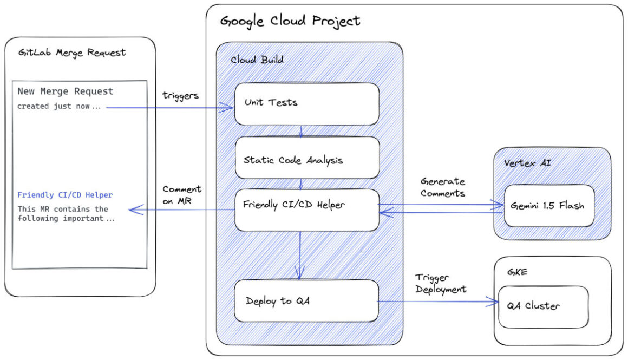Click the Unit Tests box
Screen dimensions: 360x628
[306, 103]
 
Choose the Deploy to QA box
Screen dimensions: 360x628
[306, 301]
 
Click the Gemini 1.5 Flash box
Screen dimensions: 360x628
[548, 206]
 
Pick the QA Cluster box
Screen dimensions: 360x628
[543, 306]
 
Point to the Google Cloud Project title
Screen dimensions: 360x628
[290, 21]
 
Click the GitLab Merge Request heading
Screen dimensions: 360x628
[71, 53]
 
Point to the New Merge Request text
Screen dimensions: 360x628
[66, 91]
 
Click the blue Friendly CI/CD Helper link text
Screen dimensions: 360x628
[65, 195]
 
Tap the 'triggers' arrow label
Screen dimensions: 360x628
[180, 95]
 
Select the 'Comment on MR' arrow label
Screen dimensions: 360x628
[182, 194]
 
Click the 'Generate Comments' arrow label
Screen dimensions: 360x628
[442, 187]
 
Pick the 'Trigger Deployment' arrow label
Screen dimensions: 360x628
[441, 284]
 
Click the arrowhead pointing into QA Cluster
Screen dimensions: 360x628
[494, 302]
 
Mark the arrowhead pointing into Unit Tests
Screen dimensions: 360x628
[230, 108]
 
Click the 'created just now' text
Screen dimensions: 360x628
[58, 106]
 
